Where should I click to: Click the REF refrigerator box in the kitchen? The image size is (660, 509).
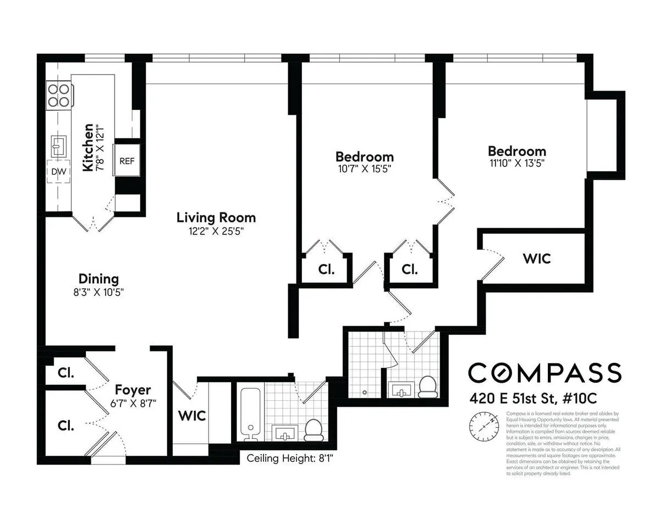(127, 161)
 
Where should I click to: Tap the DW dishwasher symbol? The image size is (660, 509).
(59, 172)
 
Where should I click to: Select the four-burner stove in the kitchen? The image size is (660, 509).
(59, 94)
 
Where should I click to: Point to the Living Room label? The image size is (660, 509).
(216, 217)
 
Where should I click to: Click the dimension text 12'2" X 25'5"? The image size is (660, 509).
(216, 232)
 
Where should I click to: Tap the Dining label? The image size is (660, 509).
(98, 279)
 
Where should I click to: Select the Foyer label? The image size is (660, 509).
(133, 390)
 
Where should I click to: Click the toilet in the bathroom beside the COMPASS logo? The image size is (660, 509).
(427, 387)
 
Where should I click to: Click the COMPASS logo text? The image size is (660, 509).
(544, 372)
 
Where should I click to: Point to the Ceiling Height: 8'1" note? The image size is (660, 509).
(290, 457)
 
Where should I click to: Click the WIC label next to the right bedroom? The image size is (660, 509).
(537, 258)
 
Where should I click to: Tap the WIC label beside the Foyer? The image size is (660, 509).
(191, 416)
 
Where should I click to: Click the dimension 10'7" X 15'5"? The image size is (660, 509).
(365, 169)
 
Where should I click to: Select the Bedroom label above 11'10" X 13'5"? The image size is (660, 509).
(517, 151)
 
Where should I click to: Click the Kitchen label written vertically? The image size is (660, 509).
(87, 148)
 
